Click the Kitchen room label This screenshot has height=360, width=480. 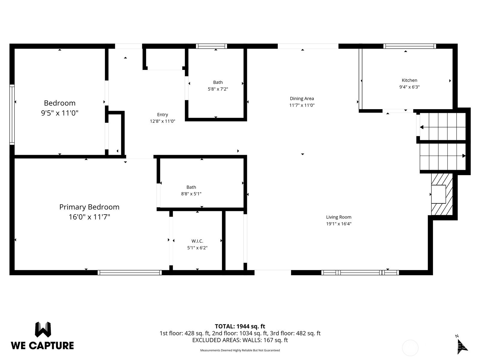409,80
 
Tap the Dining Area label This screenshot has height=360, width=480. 302,98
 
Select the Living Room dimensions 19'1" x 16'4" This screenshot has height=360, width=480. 339,223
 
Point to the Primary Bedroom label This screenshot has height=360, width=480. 89,207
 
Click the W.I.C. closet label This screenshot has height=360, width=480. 197,241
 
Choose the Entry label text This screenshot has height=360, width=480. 163,115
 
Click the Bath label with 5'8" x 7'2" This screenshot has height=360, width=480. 218,82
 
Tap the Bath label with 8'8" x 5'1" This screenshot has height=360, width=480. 191,187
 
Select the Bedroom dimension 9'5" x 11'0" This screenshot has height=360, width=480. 60,113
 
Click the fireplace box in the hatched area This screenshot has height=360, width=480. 439,194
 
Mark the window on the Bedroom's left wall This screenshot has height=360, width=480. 12,115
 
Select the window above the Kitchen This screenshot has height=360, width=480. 409,46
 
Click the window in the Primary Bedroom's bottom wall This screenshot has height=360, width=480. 130,272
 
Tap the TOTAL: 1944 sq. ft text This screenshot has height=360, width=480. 240,326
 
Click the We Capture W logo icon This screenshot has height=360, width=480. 43,329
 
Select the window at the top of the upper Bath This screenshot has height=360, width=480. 211,46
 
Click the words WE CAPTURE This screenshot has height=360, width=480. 42,346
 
